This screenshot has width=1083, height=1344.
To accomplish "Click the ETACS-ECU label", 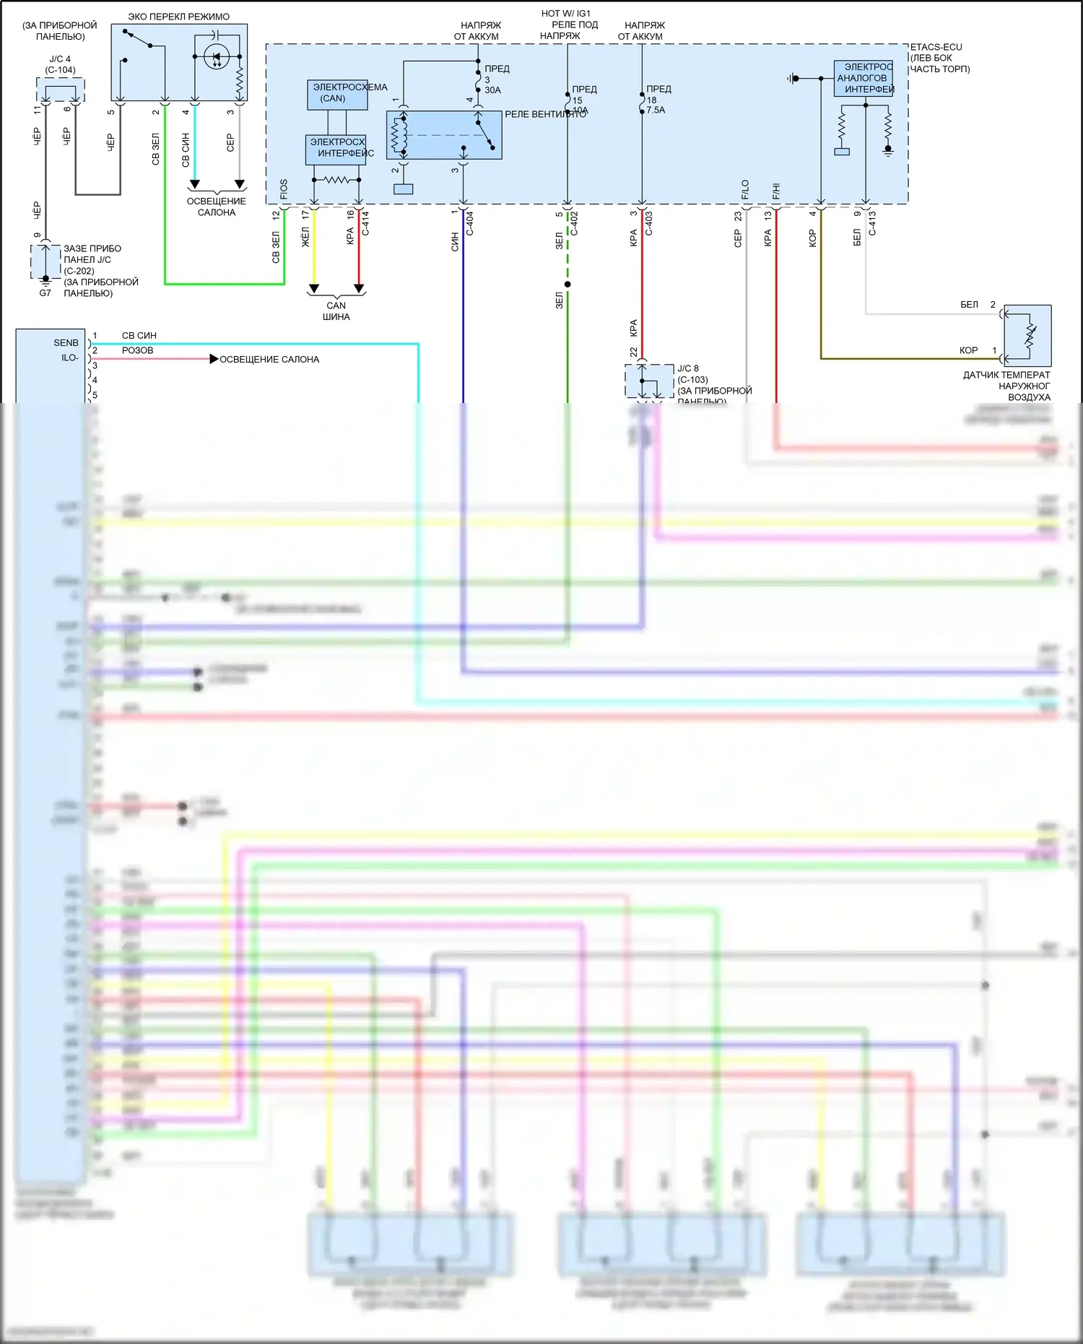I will (936, 47).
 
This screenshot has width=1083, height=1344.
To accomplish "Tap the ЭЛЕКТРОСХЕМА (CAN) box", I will (337, 94).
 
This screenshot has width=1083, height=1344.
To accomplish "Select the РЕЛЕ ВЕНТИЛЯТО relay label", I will (545, 114).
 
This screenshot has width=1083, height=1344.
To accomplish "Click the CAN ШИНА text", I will (336, 311).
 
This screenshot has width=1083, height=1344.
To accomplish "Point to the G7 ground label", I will (45, 293).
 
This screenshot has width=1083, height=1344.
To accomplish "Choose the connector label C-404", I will (470, 222).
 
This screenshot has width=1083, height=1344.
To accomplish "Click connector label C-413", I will (872, 222).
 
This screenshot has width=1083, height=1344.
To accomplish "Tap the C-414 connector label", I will (366, 222).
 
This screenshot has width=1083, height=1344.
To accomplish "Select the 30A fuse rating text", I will (492, 90).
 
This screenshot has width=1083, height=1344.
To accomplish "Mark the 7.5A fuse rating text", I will (656, 110).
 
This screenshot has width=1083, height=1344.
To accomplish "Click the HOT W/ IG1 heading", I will (566, 14).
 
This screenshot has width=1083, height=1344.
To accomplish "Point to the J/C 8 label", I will (687, 368).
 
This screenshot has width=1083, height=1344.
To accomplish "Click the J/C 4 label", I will (60, 59).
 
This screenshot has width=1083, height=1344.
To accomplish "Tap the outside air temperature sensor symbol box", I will (1027, 335).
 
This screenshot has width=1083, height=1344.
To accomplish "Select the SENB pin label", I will (66, 343).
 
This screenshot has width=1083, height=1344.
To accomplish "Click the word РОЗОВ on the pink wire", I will (137, 350).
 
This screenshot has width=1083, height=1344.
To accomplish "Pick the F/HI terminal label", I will (776, 191).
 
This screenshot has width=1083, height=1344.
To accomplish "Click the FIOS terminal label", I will (284, 189).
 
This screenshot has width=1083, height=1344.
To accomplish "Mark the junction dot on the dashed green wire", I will (567, 285).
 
